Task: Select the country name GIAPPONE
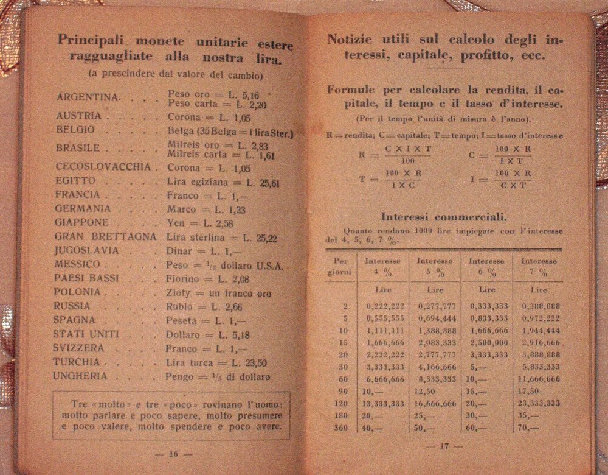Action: (81, 222)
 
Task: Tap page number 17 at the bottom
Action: (443, 447)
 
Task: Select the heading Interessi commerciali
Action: (444, 216)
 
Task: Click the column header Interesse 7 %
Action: (538, 267)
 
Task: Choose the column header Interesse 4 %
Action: (382, 267)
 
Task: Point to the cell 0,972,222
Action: (540, 318)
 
